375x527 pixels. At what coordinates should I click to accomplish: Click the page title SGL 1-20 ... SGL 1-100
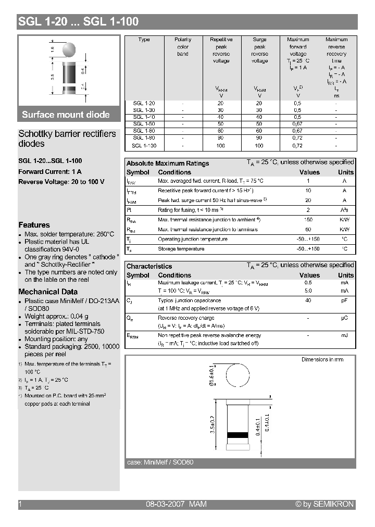pyautogui.click(x=78, y=22)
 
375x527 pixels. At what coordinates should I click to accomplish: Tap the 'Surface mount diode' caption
pyautogui.click(x=66, y=115)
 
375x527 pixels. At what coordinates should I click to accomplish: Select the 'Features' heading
pyautogui.click(x=34, y=225)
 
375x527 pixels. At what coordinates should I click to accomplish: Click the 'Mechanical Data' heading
pyautogui.click(x=48, y=292)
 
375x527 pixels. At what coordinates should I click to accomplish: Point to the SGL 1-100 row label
pyautogui.click(x=144, y=146)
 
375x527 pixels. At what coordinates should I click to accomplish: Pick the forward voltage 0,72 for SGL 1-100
pyautogui.click(x=297, y=146)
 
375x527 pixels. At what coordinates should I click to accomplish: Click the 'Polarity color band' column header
pyautogui.click(x=183, y=47)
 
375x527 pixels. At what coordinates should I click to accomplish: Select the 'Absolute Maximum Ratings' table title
pyautogui.click(x=168, y=163)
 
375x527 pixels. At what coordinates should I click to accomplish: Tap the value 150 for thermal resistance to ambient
pyautogui.click(x=308, y=220)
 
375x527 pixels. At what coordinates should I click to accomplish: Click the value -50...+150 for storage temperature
pyautogui.click(x=308, y=249)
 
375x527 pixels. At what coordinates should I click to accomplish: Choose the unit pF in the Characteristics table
pyautogui.click(x=344, y=300)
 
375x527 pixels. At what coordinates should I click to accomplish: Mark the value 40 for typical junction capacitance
pyautogui.click(x=308, y=300)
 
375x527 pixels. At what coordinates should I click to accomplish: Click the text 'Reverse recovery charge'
pyautogui.click(x=186, y=318)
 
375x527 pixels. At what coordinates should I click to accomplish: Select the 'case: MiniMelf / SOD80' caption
pyautogui.click(x=160, y=462)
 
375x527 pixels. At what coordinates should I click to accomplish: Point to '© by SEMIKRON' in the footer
pyautogui.click(x=324, y=504)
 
